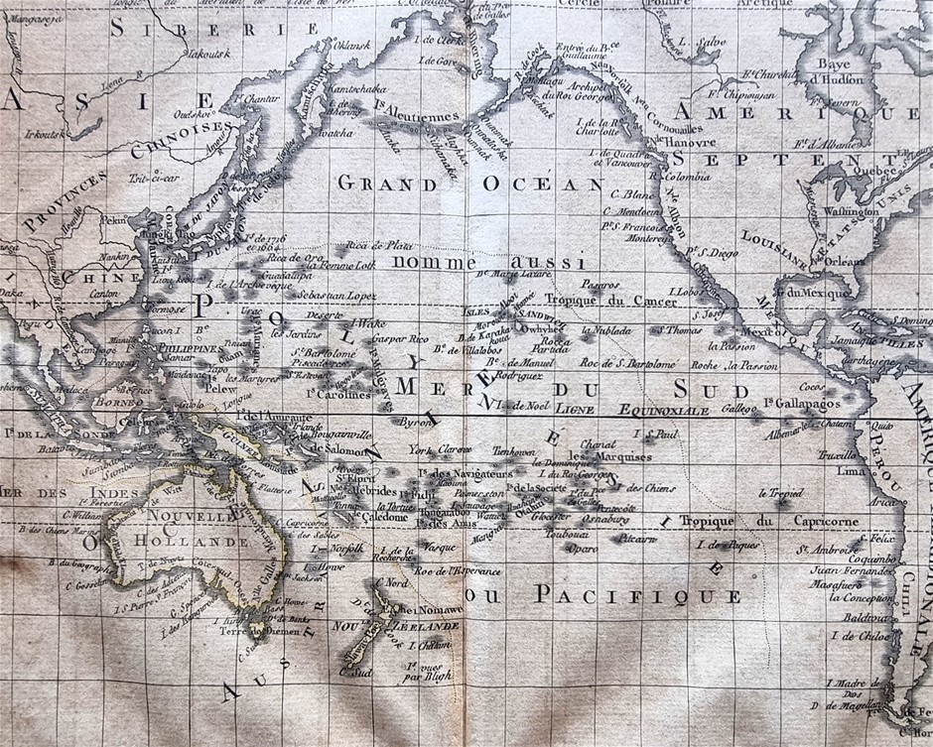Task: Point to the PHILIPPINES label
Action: pyautogui.click(x=187, y=349)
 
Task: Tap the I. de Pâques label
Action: pyautogui.click(x=728, y=546)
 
